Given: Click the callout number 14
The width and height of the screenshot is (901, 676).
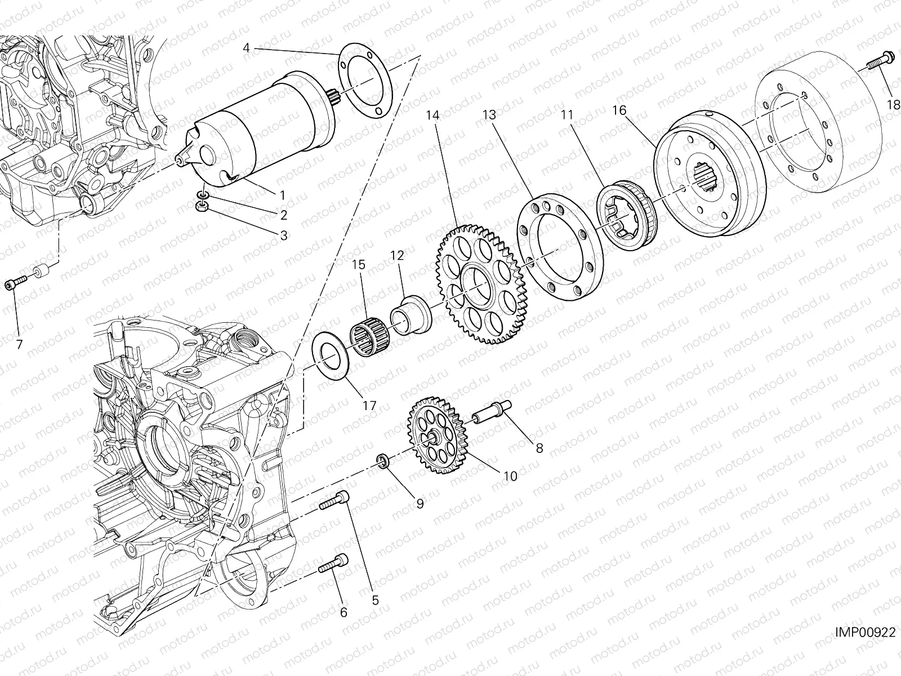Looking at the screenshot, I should pos(432,115).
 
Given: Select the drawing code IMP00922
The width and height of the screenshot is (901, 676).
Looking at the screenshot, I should pos(865,633).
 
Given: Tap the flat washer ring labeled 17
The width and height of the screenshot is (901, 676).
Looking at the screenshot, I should pos(329,357).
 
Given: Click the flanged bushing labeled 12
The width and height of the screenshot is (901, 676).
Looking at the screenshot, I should pos(412,315).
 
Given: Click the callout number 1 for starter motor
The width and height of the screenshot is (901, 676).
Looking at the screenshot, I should pos(282,194).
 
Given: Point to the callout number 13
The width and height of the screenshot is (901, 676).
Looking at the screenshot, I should pos(489,115).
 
